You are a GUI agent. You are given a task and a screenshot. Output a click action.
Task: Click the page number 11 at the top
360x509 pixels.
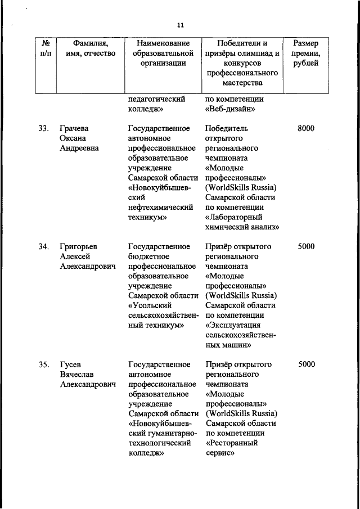click(x=180, y=25)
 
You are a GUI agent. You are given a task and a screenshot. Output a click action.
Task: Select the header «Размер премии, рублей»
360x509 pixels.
click(x=307, y=53)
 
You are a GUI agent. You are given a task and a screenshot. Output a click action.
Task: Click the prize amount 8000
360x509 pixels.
click(x=306, y=128)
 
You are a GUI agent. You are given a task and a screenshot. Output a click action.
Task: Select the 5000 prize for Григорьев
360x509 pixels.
click(x=306, y=246)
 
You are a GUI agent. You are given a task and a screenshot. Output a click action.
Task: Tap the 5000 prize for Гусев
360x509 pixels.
click(x=306, y=364)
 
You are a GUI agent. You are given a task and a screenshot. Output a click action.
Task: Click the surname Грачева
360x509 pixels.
click(x=74, y=128)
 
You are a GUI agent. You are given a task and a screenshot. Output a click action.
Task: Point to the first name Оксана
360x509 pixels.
click(x=74, y=138)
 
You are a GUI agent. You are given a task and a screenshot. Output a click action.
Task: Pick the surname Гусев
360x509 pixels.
click(x=70, y=364)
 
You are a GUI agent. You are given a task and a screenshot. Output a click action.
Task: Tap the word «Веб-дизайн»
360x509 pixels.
click(x=232, y=109)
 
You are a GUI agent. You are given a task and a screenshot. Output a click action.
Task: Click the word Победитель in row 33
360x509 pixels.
click(x=227, y=128)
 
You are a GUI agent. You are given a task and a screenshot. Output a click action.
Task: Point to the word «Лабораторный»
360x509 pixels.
click(x=235, y=217)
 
